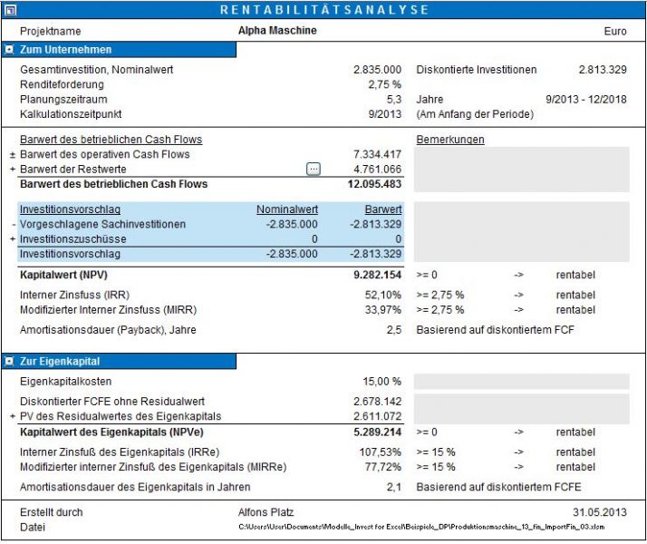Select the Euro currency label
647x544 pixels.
click(615, 31)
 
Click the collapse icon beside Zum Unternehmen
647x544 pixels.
click(9, 50)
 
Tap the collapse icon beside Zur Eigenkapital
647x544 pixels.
click(9, 362)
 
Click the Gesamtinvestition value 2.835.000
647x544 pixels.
click(377, 70)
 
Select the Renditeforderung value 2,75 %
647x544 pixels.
click(383, 84)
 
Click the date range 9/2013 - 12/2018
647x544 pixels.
click(586, 100)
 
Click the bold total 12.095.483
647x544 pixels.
click(374, 184)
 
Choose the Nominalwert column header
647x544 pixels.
click(287, 209)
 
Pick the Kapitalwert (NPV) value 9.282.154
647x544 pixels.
click(377, 274)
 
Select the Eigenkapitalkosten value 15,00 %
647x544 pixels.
click(381, 382)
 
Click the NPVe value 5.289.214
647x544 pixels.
click(377, 432)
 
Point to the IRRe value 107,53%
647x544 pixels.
click(381, 452)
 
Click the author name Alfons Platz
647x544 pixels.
click(266, 512)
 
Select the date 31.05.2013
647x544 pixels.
click(601, 512)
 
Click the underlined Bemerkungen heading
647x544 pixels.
click(450, 140)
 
